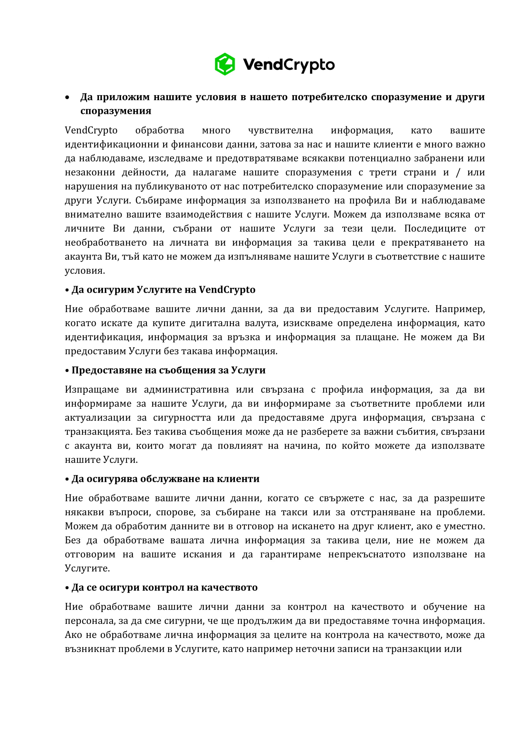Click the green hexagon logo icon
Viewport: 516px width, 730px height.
[225, 64]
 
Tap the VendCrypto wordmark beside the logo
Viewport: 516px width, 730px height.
[289, 65]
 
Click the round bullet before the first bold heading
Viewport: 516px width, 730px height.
[67, 98]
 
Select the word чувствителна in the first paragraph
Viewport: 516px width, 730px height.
[280, 130]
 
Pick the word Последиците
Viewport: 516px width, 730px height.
[435, 228]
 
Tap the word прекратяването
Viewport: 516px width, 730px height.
[429, 243]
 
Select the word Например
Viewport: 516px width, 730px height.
[460, 309]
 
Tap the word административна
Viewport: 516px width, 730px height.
[186, 389]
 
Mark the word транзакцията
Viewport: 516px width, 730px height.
[99, 432]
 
